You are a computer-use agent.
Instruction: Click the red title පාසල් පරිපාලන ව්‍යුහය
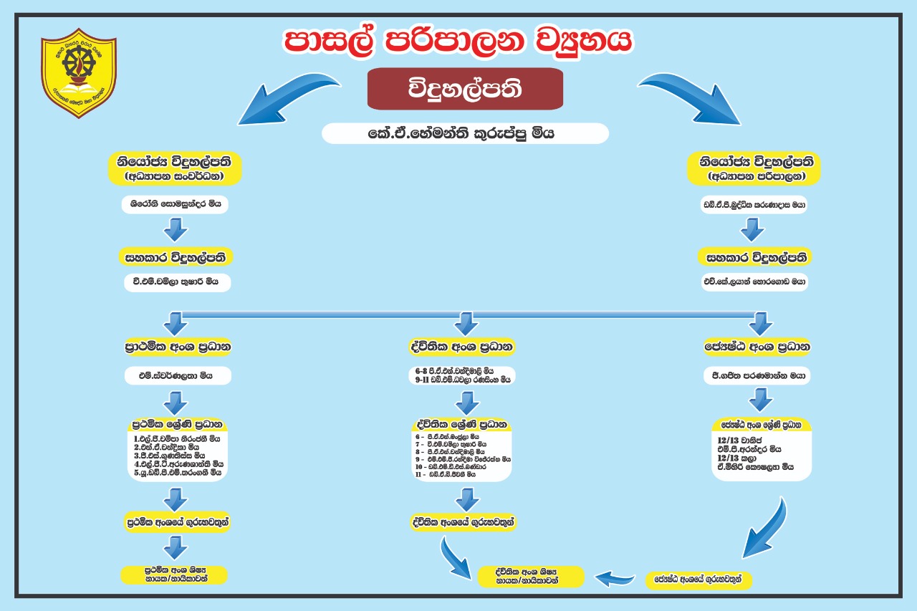pyautogui.click(x=458, y=42)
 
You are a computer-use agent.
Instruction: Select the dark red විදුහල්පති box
pyautogui.click(x=465, y=90)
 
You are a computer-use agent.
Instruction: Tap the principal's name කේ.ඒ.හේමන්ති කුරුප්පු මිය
pyautogui.click(x=465, y=134)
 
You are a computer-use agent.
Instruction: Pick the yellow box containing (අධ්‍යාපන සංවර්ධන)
pyautogui.click(x=174, y=168)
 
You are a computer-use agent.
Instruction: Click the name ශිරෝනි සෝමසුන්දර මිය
pyautogui.click(x=176, y=204)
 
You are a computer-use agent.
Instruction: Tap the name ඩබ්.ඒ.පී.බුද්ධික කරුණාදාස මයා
pyautogui.click(x=754, y=204)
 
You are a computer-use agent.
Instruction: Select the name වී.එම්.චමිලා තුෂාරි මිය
pyautogui.click(x=176, y=282)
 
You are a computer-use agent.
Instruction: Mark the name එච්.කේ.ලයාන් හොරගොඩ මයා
pyautogui.click(x=754, y=282)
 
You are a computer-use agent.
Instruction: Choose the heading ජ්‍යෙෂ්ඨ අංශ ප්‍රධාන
pyautogui.click(x=757, y=347)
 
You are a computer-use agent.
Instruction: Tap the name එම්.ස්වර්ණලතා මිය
pyautogui.click(x=176, y=375)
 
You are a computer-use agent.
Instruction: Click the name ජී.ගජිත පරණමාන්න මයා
pyautogui.click(x=757, y=375)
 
